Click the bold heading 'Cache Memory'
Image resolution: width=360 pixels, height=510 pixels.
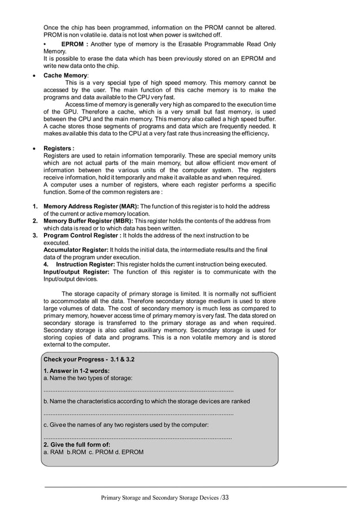pyautogui.click(x=65, y=75)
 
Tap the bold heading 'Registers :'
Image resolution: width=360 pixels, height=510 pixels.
pyautogui.click(x=59, y=149)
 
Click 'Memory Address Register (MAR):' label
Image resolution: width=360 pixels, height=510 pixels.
pyautogui.click(x=91, y=206)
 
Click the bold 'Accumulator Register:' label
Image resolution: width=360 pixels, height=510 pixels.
pyautogui.click(x=76, y=250)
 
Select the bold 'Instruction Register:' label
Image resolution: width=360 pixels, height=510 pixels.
pyautogui.click(x=86, y=264)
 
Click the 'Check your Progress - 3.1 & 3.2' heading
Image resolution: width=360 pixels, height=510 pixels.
pyautogui.click(x=89, y=359)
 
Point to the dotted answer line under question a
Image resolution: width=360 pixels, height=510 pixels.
pyautogui.click(x=138, y=390)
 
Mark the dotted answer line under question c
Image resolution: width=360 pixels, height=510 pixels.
pyautogui.click(x=138, y=437)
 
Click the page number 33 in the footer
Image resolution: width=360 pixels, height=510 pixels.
pyautogui.click(x=226, y=498)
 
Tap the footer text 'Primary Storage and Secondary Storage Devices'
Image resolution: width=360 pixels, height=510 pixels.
pyautogui.click(x=160, y=498)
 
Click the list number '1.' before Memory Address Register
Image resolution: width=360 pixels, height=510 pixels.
pyautogui.click(x=34, y=206)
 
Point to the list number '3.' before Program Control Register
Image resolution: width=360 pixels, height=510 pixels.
pyautogui.click(x=34, y=236)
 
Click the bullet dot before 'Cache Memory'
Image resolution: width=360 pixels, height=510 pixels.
pyautogui.click(x=35, y=75)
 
